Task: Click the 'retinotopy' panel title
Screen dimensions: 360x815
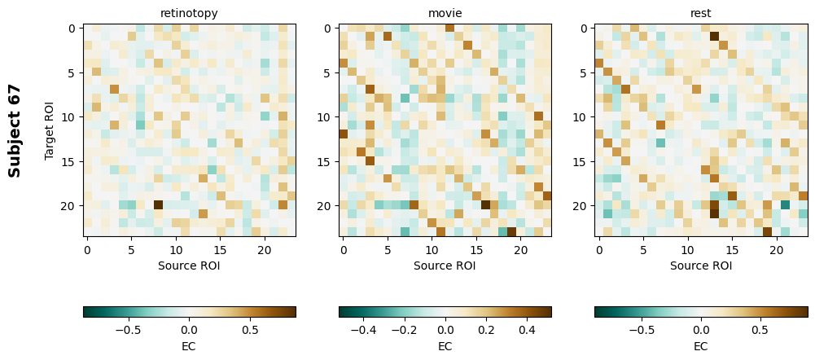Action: point(189,13)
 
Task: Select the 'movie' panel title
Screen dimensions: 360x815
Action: point(445,13)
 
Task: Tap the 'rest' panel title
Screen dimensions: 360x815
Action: point(700,13)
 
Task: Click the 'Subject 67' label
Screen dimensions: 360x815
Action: point(15,130)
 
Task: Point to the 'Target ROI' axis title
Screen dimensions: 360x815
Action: point(50,130)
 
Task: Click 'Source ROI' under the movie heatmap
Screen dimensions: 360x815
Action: point(445,266)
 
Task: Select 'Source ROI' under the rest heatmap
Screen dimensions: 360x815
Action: point(700,266)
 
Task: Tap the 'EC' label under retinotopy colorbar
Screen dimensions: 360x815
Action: point(189,346)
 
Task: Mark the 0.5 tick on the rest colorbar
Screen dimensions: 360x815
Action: point(760,330)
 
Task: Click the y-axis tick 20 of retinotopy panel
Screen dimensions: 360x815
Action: point(70,205)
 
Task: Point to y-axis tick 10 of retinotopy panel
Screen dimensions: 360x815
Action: point(70,116)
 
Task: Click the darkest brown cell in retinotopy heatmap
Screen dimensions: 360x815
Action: point(158,205)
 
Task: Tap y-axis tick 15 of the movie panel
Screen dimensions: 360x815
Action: point(326,161)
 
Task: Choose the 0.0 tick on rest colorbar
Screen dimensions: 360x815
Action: point(700,330)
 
